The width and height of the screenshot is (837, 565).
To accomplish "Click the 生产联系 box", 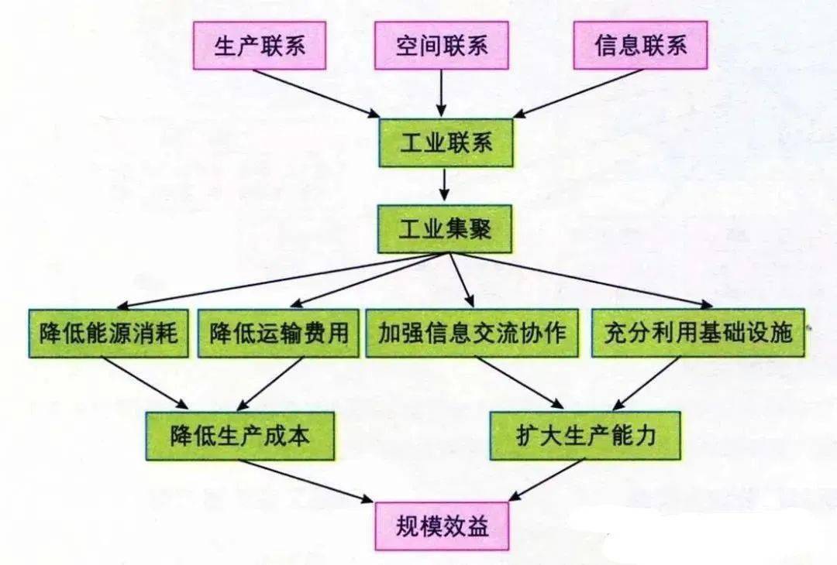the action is point(260,46).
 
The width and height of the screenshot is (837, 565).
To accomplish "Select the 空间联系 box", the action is point(442,46).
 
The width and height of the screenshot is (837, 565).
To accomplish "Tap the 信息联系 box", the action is point(641,46).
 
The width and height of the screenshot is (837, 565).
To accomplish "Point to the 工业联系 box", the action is point(446,143).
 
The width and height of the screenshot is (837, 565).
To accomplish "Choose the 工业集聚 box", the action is point(445,229).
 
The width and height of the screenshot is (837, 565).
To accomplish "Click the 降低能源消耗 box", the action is point(108,333).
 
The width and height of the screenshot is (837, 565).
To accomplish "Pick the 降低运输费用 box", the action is point(278,333).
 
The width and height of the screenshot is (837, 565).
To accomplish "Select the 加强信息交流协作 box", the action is point(472,333).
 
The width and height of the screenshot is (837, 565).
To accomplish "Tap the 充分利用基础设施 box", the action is point(697,333).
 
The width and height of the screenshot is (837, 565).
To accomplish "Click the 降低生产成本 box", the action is point(240,436).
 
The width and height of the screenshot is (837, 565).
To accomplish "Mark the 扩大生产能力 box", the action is point(586,436).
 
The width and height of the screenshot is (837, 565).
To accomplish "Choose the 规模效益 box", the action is point(442,526).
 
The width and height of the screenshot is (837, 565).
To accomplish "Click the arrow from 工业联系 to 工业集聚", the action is point(445,186).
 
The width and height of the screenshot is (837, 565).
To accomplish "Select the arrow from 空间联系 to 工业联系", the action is point(442,94).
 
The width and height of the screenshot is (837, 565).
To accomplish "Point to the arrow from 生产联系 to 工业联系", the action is point(316,94).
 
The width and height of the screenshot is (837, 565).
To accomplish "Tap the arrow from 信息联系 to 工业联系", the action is point(577,94).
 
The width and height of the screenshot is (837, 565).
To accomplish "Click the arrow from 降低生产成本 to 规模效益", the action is point(305,481).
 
